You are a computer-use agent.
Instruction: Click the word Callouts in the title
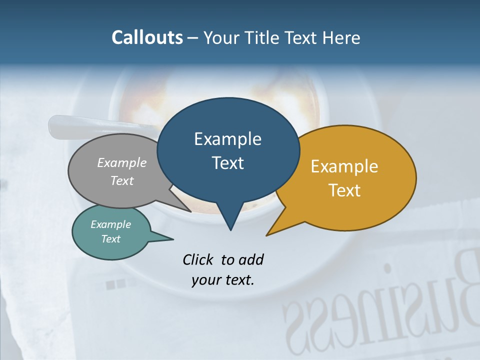[x=147, y=37]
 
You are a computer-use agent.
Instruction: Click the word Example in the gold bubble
[x=344, y=166]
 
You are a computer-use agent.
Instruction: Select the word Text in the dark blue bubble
[x=228, y=163]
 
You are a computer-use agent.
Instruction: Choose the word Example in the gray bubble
[x=122, y=162]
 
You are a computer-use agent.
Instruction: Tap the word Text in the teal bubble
[x=111, y=239]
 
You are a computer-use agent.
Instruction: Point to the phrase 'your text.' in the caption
[x=223, y=280]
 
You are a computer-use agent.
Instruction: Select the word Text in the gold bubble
[x=345, y=190]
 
